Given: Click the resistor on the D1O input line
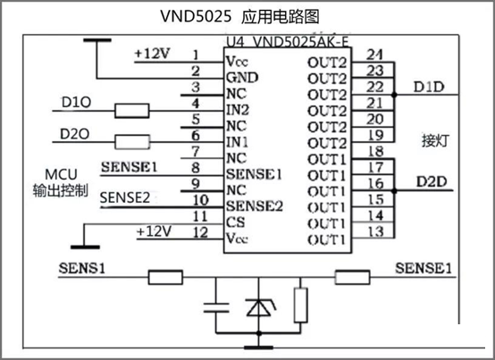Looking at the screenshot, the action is point(131,111).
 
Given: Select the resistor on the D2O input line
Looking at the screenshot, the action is point(132,142).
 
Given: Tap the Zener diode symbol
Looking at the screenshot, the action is point(259,307).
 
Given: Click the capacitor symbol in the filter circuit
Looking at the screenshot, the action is point(216,307).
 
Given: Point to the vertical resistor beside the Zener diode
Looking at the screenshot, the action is point(300,306).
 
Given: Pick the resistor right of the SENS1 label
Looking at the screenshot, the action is point(165,277).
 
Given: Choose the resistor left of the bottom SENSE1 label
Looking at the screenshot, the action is point(352,277).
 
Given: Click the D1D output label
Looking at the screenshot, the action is point(429,87).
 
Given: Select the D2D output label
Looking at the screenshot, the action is point(432,181).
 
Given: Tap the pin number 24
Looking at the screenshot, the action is point(374,54).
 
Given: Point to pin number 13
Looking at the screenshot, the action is point(375,232).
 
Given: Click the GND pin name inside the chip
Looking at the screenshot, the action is point(242,78).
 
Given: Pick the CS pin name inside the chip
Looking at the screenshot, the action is point(235,222).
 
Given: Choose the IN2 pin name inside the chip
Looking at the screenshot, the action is point(238,110).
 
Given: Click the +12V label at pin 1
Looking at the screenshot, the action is point(153,54).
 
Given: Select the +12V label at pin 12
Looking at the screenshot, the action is point(154,231).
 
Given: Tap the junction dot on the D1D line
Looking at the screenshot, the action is point(394,95).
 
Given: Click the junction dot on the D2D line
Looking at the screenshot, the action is point(394,191).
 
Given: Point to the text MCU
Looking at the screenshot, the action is point(61,174).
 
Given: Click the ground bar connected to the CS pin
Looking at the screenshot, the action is point(85,247).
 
